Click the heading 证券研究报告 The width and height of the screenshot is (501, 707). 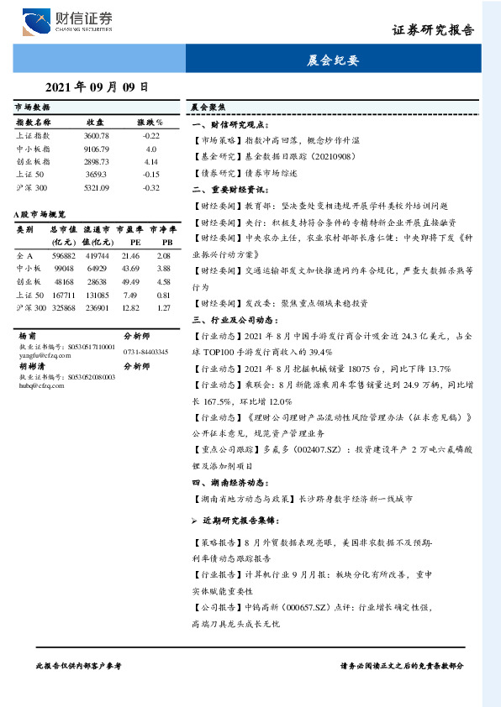click(433, 30)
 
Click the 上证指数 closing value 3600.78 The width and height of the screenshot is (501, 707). click(97, 135)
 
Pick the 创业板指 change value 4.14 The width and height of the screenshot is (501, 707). click(151, 161)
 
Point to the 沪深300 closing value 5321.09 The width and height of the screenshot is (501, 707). click(97, 187)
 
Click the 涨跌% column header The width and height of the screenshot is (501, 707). click(151, 123)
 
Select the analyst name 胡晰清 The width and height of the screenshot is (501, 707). click(30, 366)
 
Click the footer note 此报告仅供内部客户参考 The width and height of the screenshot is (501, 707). click(78, 664)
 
